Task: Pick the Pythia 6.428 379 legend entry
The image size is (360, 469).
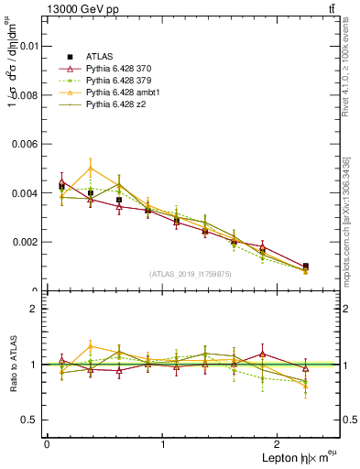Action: [x=121, y=81]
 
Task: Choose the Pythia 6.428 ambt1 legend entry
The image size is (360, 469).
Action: [x=124, y=93]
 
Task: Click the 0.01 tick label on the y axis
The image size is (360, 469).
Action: [x=27, y=44]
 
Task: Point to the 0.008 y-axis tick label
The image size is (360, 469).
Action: [x=25, y=93]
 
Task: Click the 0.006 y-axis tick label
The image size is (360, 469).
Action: [x=25, y=143]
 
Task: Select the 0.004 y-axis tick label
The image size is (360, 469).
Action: [x=25, y=192]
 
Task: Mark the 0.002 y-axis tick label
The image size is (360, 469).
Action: [x=25, y=242]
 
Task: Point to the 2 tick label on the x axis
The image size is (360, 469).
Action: [x=279, y=443]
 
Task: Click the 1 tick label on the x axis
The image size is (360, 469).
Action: [x=163, y=443]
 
